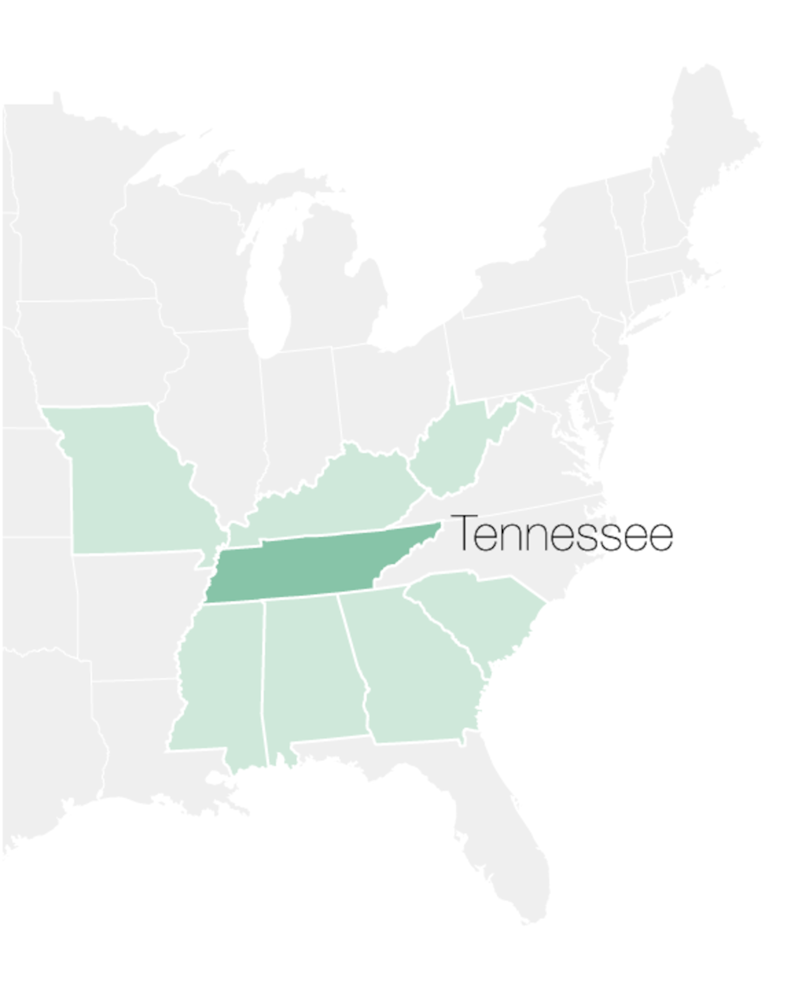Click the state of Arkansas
pyautogui.click(x=134, y=616)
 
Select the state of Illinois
pyautogui.click(x=218, y=407)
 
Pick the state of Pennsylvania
pyautogui.click(x=528, y=347)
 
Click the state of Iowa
pyautogui.click(x=93, y=352)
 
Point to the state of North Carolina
pyautogui.click(x=523, y=546)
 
